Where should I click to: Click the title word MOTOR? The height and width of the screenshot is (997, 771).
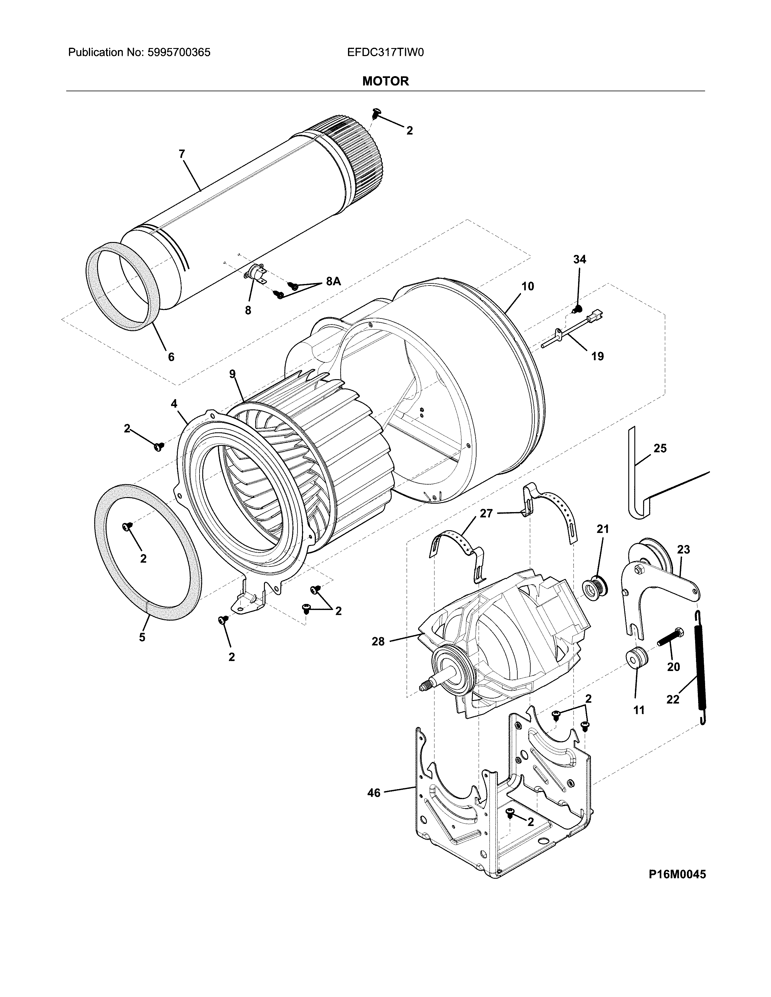point(385,81)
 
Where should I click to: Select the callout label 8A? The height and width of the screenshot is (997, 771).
point(333,282)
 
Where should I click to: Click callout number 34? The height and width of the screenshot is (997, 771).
point(579,259)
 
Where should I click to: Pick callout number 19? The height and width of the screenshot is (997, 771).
point(597,356)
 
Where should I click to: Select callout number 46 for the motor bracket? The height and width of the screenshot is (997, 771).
point(374,793)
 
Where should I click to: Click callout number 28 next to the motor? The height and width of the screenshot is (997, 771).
point(378,641)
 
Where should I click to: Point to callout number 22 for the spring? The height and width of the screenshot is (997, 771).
point(673,699)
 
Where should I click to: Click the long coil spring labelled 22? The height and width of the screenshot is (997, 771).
point(699,666)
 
